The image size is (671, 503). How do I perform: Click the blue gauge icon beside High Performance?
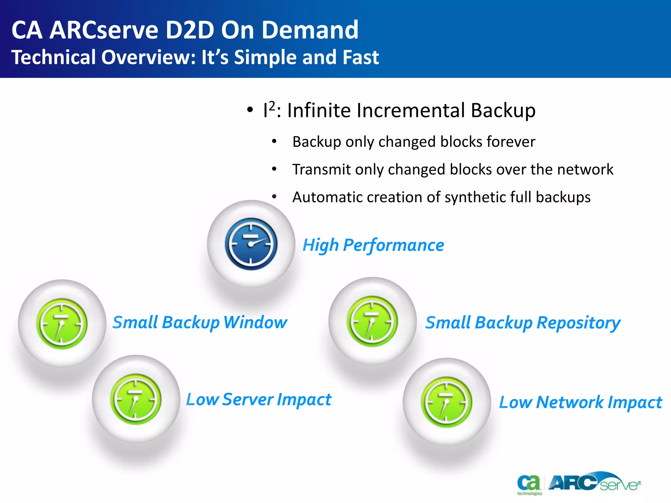251,244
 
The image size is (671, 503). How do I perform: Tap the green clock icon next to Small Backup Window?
62,324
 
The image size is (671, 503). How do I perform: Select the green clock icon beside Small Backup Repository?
372,321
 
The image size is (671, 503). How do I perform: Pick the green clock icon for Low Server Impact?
136,399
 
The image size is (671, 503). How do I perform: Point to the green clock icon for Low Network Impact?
446,402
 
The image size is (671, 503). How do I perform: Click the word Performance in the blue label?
393,245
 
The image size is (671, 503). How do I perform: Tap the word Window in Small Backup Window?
255,322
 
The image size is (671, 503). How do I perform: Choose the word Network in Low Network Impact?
570,402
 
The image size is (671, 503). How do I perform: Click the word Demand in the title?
310,30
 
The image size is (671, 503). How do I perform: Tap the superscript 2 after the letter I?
272,106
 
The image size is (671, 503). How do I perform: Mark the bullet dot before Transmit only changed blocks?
274,169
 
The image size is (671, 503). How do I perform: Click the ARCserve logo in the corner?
594,482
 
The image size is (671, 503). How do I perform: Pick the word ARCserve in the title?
104,30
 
